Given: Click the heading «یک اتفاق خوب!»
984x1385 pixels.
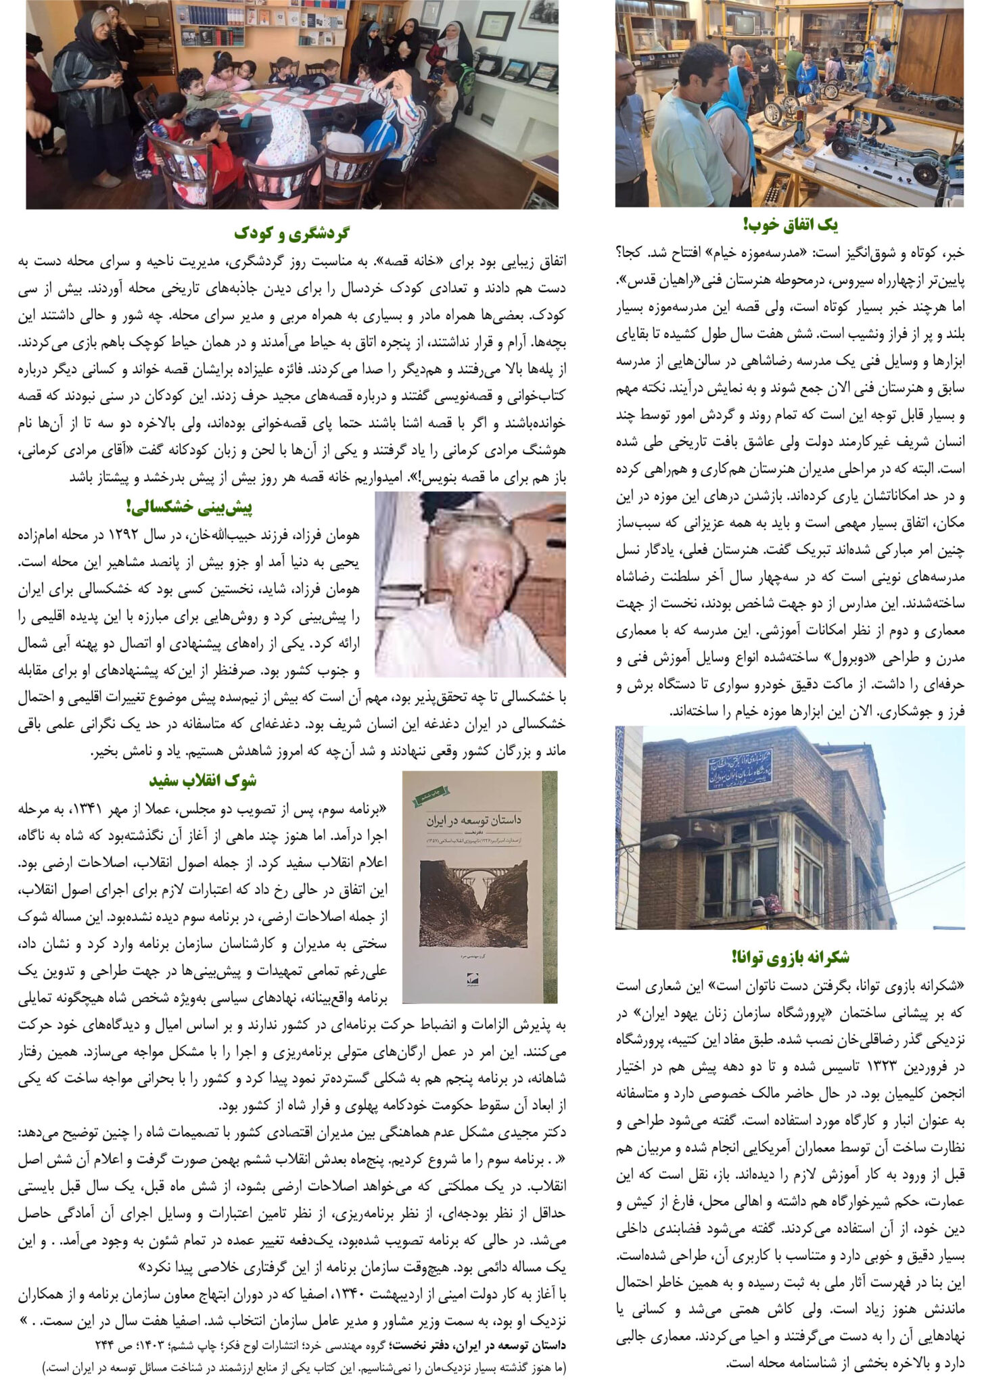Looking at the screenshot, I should click(x=790, y=225).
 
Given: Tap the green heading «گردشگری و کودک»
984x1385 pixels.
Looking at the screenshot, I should click(x=292, y=234).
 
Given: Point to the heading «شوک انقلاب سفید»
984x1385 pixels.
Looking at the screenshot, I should click(x=202, y=780).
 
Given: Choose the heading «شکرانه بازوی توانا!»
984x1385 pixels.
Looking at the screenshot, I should click(x=790, y=957).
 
